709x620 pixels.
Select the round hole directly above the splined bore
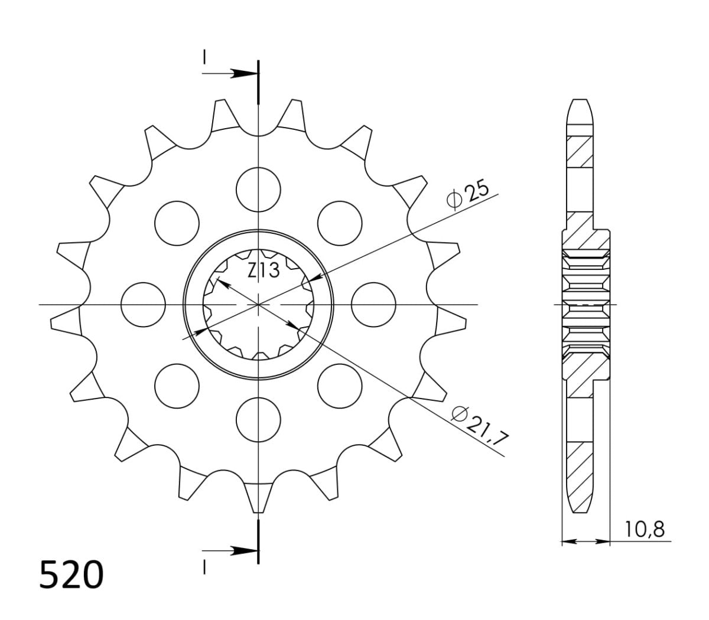click(258, 189)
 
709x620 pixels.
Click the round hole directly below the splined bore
click(258, 420)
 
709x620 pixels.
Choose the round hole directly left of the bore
click(142, 305)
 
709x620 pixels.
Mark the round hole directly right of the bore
click(373, 305)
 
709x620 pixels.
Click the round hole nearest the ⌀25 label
click(339, 223)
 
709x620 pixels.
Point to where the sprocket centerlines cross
click(258, 305)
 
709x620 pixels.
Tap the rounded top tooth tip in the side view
click(579, 106)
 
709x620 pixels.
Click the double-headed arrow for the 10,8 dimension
click(585, 540)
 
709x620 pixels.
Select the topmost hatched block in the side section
click(579, 151)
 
